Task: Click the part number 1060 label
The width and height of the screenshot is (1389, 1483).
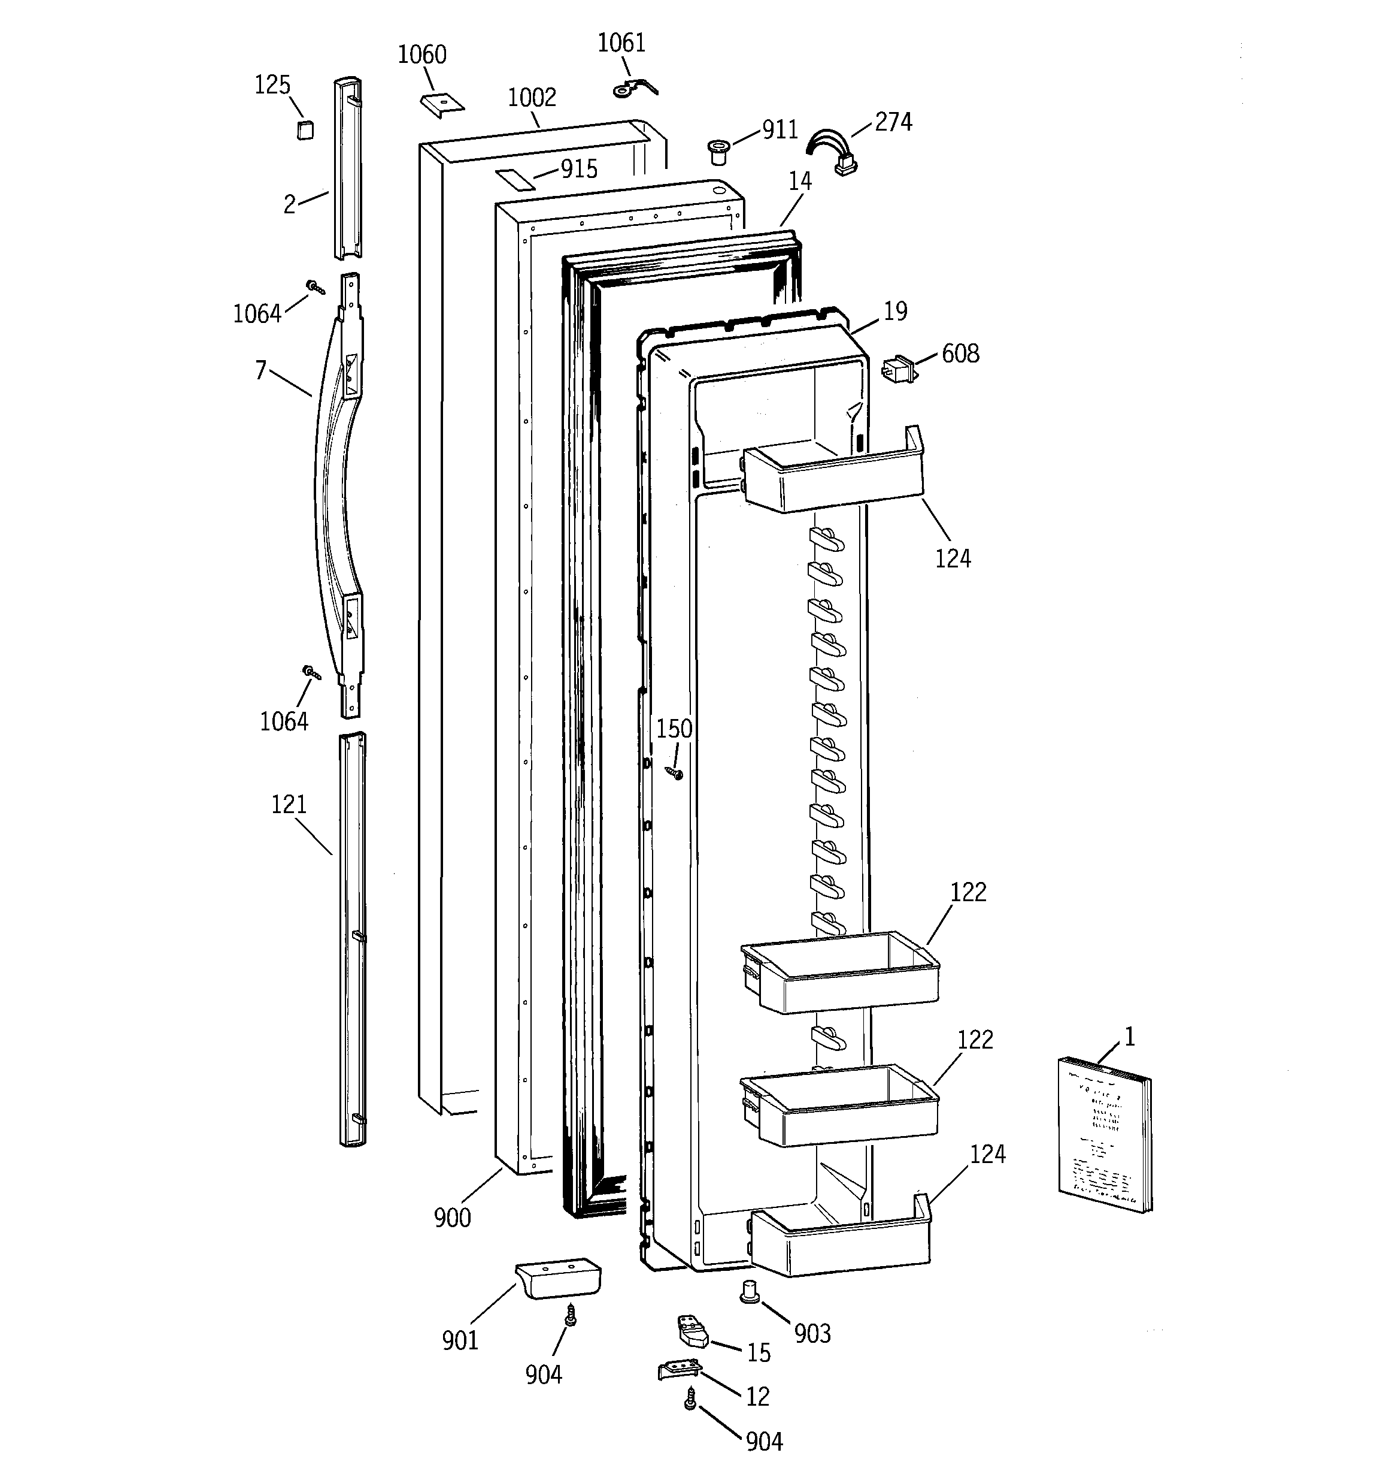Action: tap(422, 55)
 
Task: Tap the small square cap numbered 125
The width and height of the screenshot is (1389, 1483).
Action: tap(304, 130)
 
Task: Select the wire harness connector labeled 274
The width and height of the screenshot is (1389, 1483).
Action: tap(836, 153)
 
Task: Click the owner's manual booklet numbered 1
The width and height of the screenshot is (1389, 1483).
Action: tap(1104, 1133)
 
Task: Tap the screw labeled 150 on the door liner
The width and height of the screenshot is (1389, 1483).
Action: tap(675, 773)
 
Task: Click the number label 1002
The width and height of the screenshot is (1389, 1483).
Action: tap(532, 98)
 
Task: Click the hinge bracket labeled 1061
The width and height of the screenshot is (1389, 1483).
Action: tap(634, 88)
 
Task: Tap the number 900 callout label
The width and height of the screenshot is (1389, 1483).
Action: tap(452, 1218)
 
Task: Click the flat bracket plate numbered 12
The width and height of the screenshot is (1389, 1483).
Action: tap(679, 1370)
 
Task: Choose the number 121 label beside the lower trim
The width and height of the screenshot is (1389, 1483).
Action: tap(289, 804)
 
